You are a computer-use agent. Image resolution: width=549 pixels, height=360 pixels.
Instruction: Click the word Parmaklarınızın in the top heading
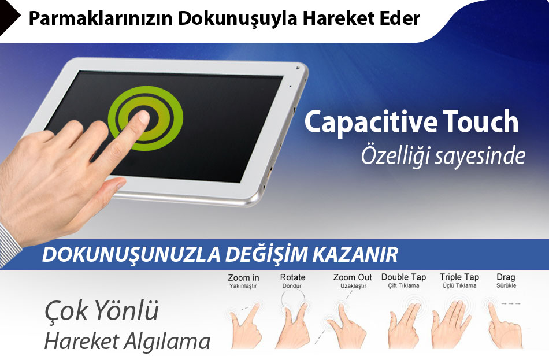tap(101, 19)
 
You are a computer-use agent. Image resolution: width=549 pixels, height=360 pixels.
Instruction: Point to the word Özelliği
tap(395, 156)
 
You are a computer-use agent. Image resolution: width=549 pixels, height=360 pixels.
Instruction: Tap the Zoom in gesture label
tap(243, 278)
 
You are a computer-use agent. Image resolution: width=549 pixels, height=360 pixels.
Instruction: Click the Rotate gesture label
tap(293, 277)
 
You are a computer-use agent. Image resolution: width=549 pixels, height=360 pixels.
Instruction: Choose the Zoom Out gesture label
tap(353, 277)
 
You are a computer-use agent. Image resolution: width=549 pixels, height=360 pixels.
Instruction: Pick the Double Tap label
tap(404, 277)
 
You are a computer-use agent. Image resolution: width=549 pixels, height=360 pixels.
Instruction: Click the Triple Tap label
tap(459, 277)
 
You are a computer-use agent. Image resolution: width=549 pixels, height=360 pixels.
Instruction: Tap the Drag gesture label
tap(506, 277)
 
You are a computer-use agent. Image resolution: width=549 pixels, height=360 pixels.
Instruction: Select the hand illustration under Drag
tap(504, 326)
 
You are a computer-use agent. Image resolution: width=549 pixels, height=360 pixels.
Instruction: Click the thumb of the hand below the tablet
tap(105, 196)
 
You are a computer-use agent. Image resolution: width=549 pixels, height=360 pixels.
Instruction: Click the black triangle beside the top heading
tap(10, 17)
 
